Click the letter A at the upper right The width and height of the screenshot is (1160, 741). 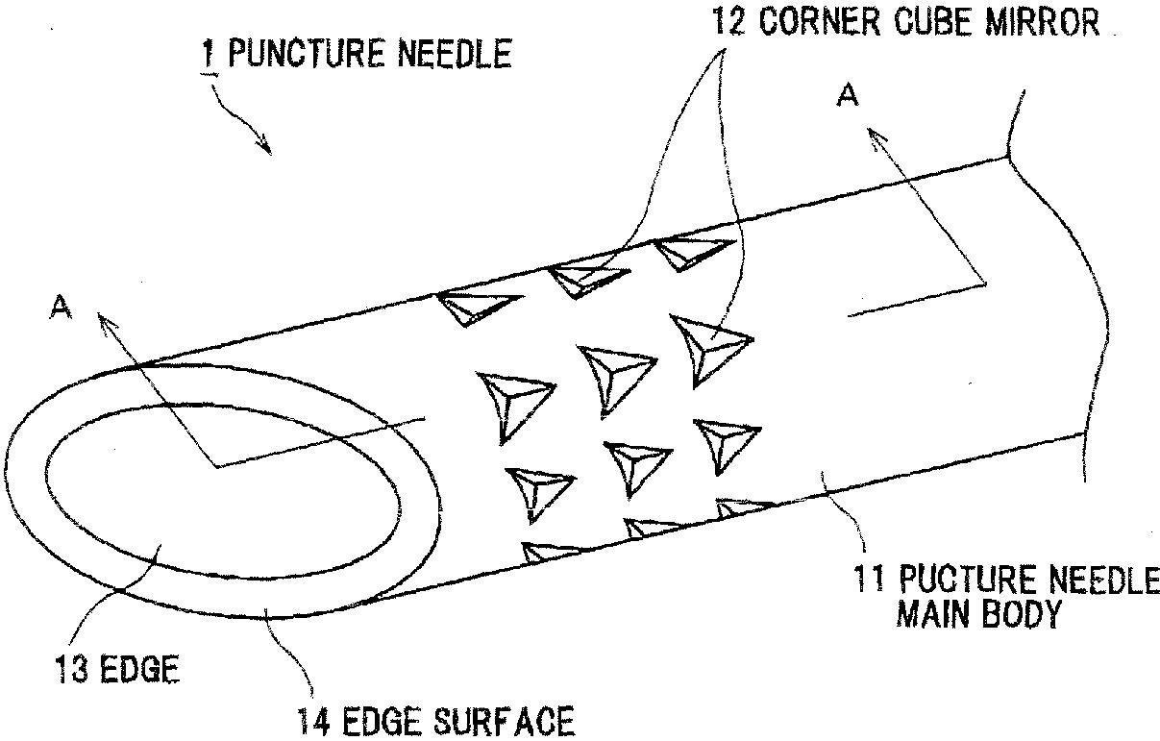(x=847, y=96)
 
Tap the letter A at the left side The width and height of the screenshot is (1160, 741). (x=60, y=306)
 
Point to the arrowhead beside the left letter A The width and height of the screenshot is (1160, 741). (x=102, y=318)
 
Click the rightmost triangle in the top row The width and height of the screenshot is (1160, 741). (x=690, y=250)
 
